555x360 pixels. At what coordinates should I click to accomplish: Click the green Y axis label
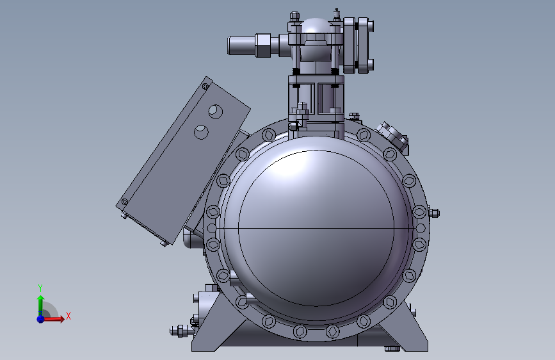[x=40, y=288]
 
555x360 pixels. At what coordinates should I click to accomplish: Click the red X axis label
[x=68, y=316]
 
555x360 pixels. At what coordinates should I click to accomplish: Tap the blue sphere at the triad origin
[x=41, y=319]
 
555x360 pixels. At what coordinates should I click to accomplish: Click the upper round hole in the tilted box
[x=216, y=111]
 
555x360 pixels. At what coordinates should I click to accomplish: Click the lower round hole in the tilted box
[x=201, y=132]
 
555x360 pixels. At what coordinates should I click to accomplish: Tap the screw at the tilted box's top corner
[x=205, y=86]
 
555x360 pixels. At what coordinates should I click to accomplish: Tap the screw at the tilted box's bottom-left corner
[x=125, y=202]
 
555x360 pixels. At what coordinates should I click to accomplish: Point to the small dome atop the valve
[x=316, y=26]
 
